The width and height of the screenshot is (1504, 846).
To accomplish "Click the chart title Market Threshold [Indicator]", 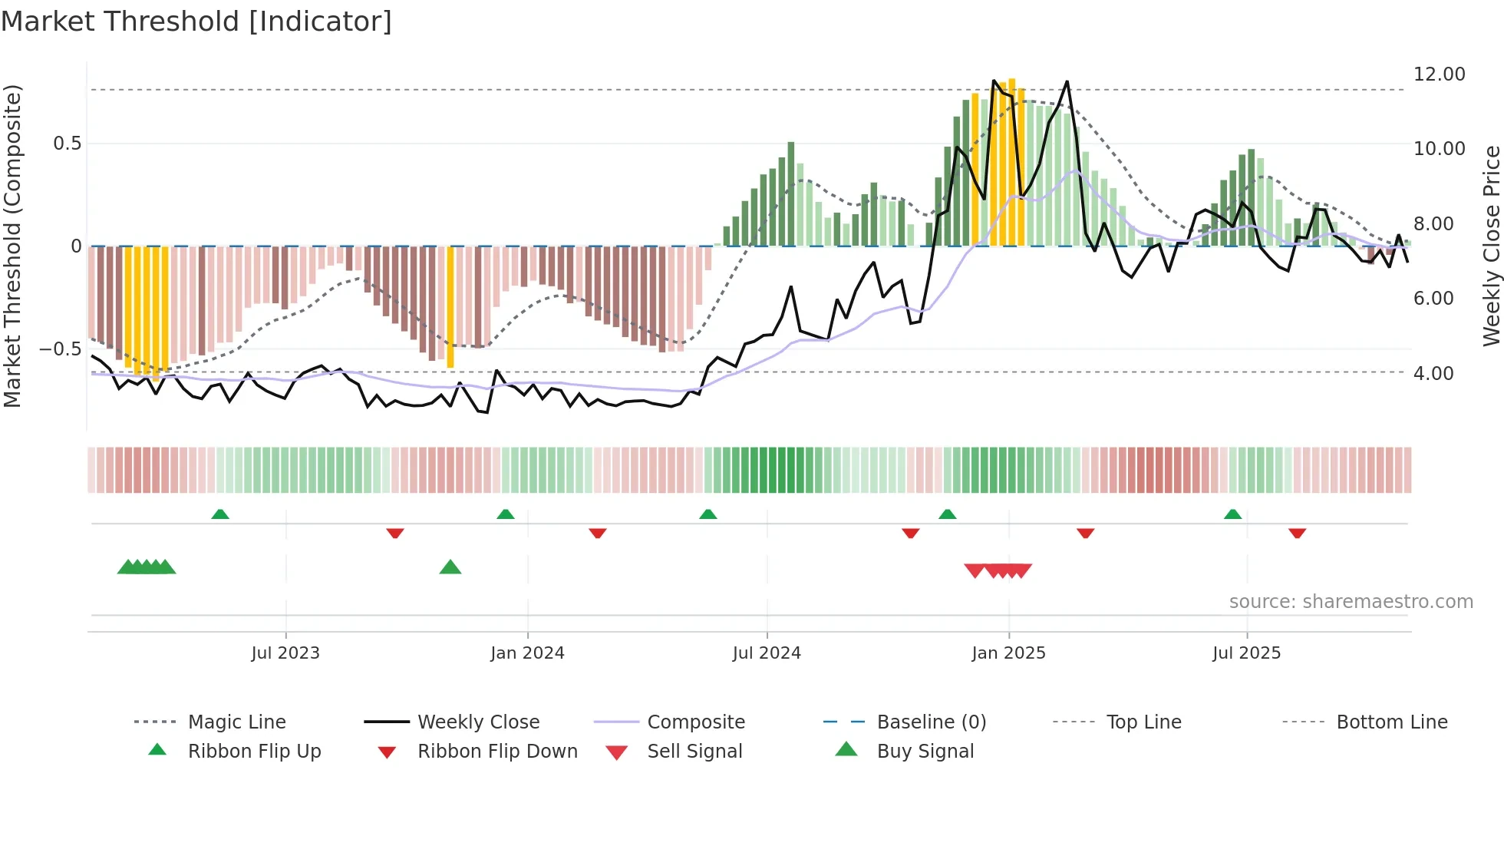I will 196,21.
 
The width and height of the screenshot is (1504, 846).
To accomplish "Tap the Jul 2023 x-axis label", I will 285,653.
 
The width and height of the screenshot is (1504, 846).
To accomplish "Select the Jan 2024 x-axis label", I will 527,653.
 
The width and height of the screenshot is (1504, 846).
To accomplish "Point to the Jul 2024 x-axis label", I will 767,653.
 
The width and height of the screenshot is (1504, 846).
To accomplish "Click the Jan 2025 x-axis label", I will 1008,653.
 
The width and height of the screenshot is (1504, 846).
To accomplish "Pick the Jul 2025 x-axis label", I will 1247,653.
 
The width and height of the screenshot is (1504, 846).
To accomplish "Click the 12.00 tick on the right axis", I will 1439,74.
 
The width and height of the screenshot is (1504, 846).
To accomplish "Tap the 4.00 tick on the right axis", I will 1433,374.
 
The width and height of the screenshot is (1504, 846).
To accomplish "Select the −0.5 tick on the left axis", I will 60,349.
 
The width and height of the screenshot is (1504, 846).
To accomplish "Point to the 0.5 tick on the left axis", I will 67,144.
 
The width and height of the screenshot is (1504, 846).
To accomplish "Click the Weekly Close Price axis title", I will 1491,246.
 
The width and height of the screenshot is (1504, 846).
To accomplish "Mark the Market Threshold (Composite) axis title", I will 12,246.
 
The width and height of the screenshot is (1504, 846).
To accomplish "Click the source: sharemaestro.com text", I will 1351,602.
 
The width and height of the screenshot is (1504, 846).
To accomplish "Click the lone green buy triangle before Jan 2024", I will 450,567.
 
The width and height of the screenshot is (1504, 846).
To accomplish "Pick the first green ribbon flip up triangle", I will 220,514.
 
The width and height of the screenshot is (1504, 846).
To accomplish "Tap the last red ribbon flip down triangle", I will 1297,533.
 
